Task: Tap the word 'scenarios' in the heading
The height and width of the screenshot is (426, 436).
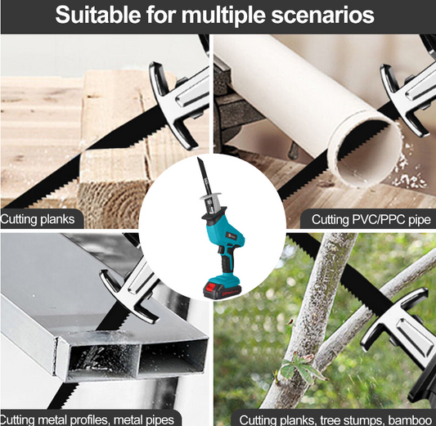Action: point(322,16)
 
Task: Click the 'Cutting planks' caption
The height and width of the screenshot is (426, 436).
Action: point(38,219)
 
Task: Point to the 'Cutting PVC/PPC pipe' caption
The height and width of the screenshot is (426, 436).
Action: point(371,219)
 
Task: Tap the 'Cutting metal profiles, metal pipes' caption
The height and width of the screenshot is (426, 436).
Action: point(87,419)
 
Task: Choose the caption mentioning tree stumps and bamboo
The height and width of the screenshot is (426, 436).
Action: point(335,419)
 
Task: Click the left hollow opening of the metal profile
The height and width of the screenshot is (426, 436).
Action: point(103,358)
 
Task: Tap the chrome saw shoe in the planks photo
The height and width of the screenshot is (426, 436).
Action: point(178,103)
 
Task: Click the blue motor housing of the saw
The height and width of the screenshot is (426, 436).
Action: point(225,228)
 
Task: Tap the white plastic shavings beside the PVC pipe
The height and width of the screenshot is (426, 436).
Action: point(409,167)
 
